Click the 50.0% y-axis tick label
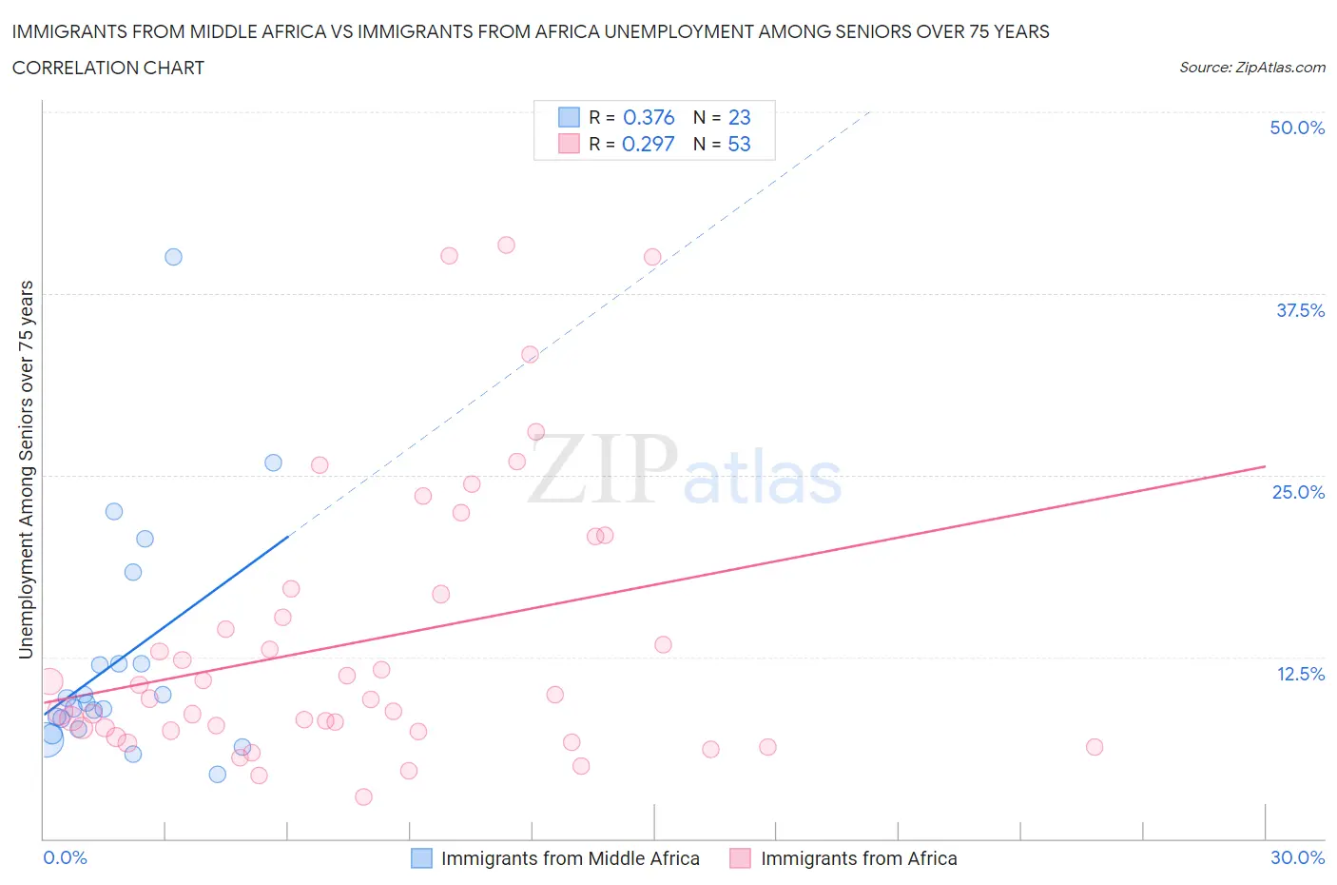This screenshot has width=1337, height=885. point(1297,128)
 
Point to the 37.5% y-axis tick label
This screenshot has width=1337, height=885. point(1300,310)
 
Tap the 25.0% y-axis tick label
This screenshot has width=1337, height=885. point(1298,492)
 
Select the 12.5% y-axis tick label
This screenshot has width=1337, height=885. point(1300,674)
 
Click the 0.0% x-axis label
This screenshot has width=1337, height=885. point(65,857)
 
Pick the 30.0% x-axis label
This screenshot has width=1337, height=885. point(1297,857)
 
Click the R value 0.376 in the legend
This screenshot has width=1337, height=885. point(649,117)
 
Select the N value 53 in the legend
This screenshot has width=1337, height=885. point(739,144)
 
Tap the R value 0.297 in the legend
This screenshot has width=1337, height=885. point(648,144)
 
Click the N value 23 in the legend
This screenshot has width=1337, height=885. point(739,117)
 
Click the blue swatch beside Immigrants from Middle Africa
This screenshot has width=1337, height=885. point(421,858)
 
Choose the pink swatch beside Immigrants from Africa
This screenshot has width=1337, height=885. point(740,858)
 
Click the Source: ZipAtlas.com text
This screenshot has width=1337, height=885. point(1251,67)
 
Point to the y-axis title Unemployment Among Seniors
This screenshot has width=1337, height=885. point(26,469)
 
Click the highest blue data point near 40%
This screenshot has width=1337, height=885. point(173,257)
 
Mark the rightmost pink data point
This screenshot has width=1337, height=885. point(1095,747)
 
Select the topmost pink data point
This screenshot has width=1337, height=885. point(506,245)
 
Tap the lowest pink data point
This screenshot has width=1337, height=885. point(363,796)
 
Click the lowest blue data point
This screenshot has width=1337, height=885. point(218,774)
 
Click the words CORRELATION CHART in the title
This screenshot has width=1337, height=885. point(108,68)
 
